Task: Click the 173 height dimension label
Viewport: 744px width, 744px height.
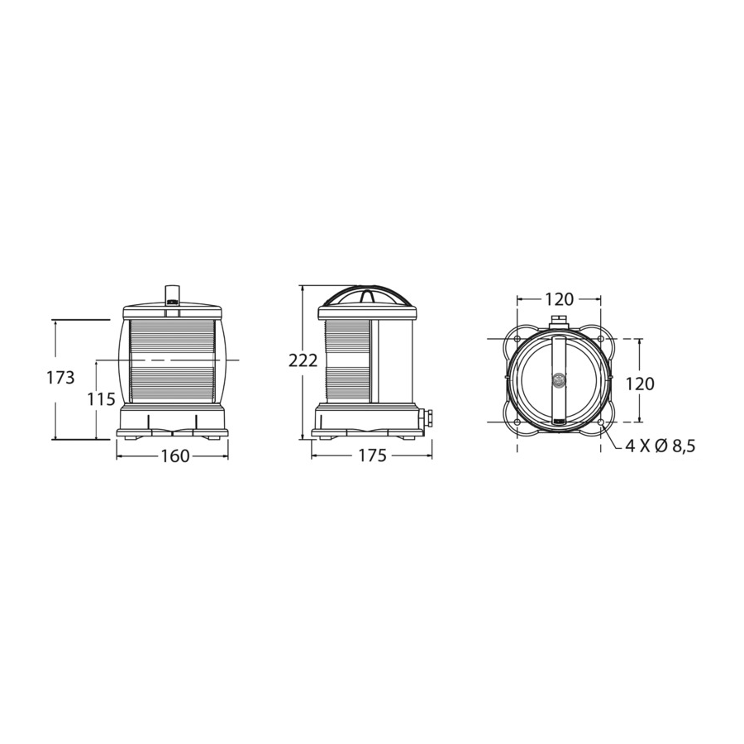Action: point(61,378)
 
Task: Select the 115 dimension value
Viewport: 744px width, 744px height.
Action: point(101,399)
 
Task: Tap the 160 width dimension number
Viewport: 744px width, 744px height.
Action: point(174,456)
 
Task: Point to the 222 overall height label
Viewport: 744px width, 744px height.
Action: point(303,360)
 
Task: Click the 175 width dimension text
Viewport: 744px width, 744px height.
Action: point(372,456)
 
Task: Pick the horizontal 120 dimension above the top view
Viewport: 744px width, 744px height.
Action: point(559,298)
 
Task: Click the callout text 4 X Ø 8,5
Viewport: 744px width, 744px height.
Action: point(661,446)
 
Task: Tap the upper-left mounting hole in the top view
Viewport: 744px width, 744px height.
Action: point(517,340)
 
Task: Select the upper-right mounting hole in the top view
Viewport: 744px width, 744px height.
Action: point(600,340)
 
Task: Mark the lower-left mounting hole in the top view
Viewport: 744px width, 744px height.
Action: point(517,422)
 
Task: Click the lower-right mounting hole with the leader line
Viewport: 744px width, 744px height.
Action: point(600,422)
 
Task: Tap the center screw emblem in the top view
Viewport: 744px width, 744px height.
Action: point(559,380)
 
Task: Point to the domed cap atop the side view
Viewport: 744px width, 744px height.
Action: point(362,298)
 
